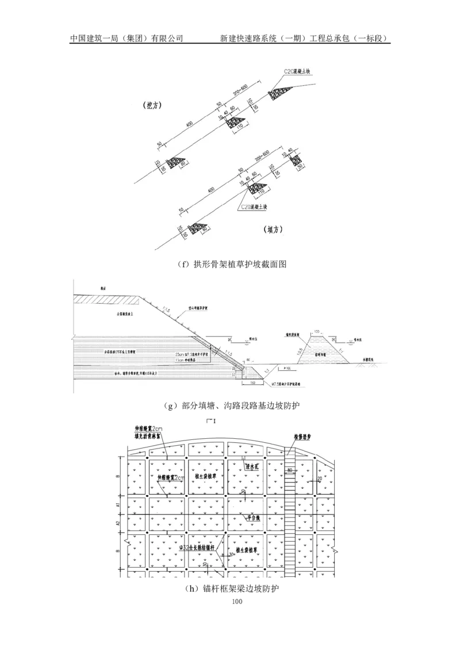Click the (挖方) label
point(153,106)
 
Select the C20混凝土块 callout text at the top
point(297,71)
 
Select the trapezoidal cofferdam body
point(317,350)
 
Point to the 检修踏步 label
point(302,436)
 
